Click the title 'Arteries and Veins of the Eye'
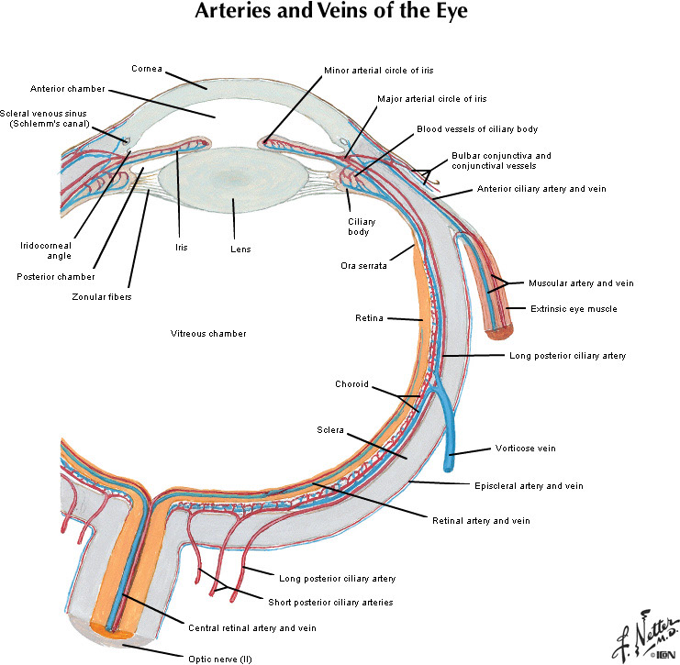pos(340,14)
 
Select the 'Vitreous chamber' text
pos(208,333)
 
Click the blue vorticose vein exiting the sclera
pos(451,431)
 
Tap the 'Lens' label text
pos(240,249)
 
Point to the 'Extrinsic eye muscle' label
pos(574,309)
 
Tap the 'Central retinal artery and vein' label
pos(251,628)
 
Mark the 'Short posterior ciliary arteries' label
pos(330,603)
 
